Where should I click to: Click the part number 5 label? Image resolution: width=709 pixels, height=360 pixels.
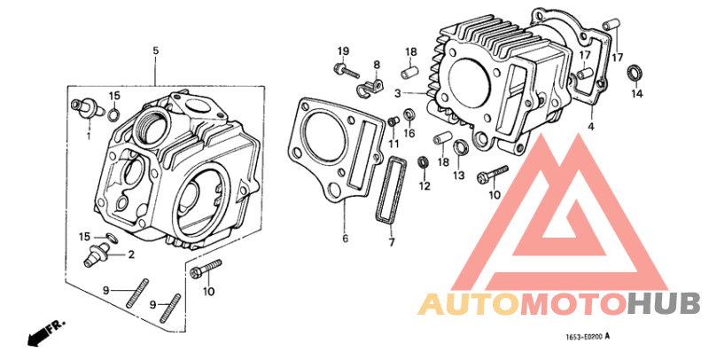[x=156, y=51]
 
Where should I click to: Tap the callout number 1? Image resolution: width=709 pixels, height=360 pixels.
[x=89, y=135]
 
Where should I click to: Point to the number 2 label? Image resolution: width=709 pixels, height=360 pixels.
[x=131, y=254]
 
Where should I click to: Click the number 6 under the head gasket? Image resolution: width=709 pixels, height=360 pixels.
[x=346, y=239]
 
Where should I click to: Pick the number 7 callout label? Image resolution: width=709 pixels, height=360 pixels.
[x=390, y=241]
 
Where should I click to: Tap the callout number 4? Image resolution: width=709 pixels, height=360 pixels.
[x=589, y=127]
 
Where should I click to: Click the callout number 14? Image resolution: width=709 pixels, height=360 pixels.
[x=637, y=92]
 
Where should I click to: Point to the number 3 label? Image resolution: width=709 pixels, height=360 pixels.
[x=399, y=92]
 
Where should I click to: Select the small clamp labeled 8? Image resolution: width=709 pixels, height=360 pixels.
[x=370, y=86]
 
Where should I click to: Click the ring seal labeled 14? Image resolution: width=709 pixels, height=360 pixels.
[x=636, y=71]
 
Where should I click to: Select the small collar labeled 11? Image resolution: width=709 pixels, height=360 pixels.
[x=393, y=121]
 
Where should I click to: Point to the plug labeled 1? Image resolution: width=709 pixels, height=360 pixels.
[x=85, y=108]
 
